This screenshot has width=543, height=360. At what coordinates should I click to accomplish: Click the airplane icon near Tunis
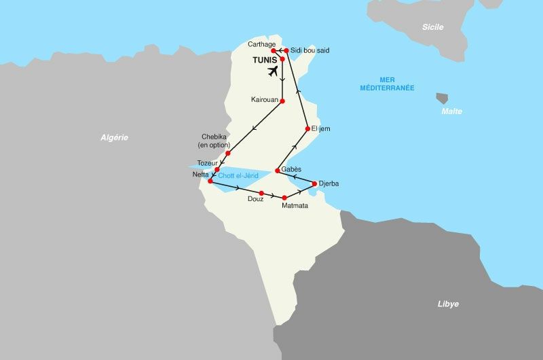point(274,71)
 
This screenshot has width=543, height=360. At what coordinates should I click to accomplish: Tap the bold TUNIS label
point(265,60)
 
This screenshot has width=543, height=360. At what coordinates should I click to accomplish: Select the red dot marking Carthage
point(274,51)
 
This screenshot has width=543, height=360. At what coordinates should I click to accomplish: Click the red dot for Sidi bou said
point(287,50)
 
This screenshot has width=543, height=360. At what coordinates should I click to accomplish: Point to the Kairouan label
point(264,100)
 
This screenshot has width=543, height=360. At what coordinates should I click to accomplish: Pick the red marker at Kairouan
point(282,101)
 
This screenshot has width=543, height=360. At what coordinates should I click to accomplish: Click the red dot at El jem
point(307,128)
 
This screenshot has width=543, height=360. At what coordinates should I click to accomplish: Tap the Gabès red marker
point(277,170)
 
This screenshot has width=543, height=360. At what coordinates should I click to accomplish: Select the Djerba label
point(329,183)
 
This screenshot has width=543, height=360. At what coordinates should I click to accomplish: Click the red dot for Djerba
point(314,183)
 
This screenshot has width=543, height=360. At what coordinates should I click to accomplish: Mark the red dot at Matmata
point(285,198)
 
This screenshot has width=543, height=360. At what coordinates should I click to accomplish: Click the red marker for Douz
point(261,193)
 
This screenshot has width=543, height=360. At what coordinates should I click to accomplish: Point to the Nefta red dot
point(210,181)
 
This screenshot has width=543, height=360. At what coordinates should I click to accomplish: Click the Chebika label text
point(215,136)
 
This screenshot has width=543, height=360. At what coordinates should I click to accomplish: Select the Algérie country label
point(114,138)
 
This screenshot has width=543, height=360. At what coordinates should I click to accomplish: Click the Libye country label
point(448,304)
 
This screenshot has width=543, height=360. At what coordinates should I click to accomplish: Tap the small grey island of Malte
point(442,98)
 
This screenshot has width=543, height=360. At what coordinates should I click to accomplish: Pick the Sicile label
point(432,27)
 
